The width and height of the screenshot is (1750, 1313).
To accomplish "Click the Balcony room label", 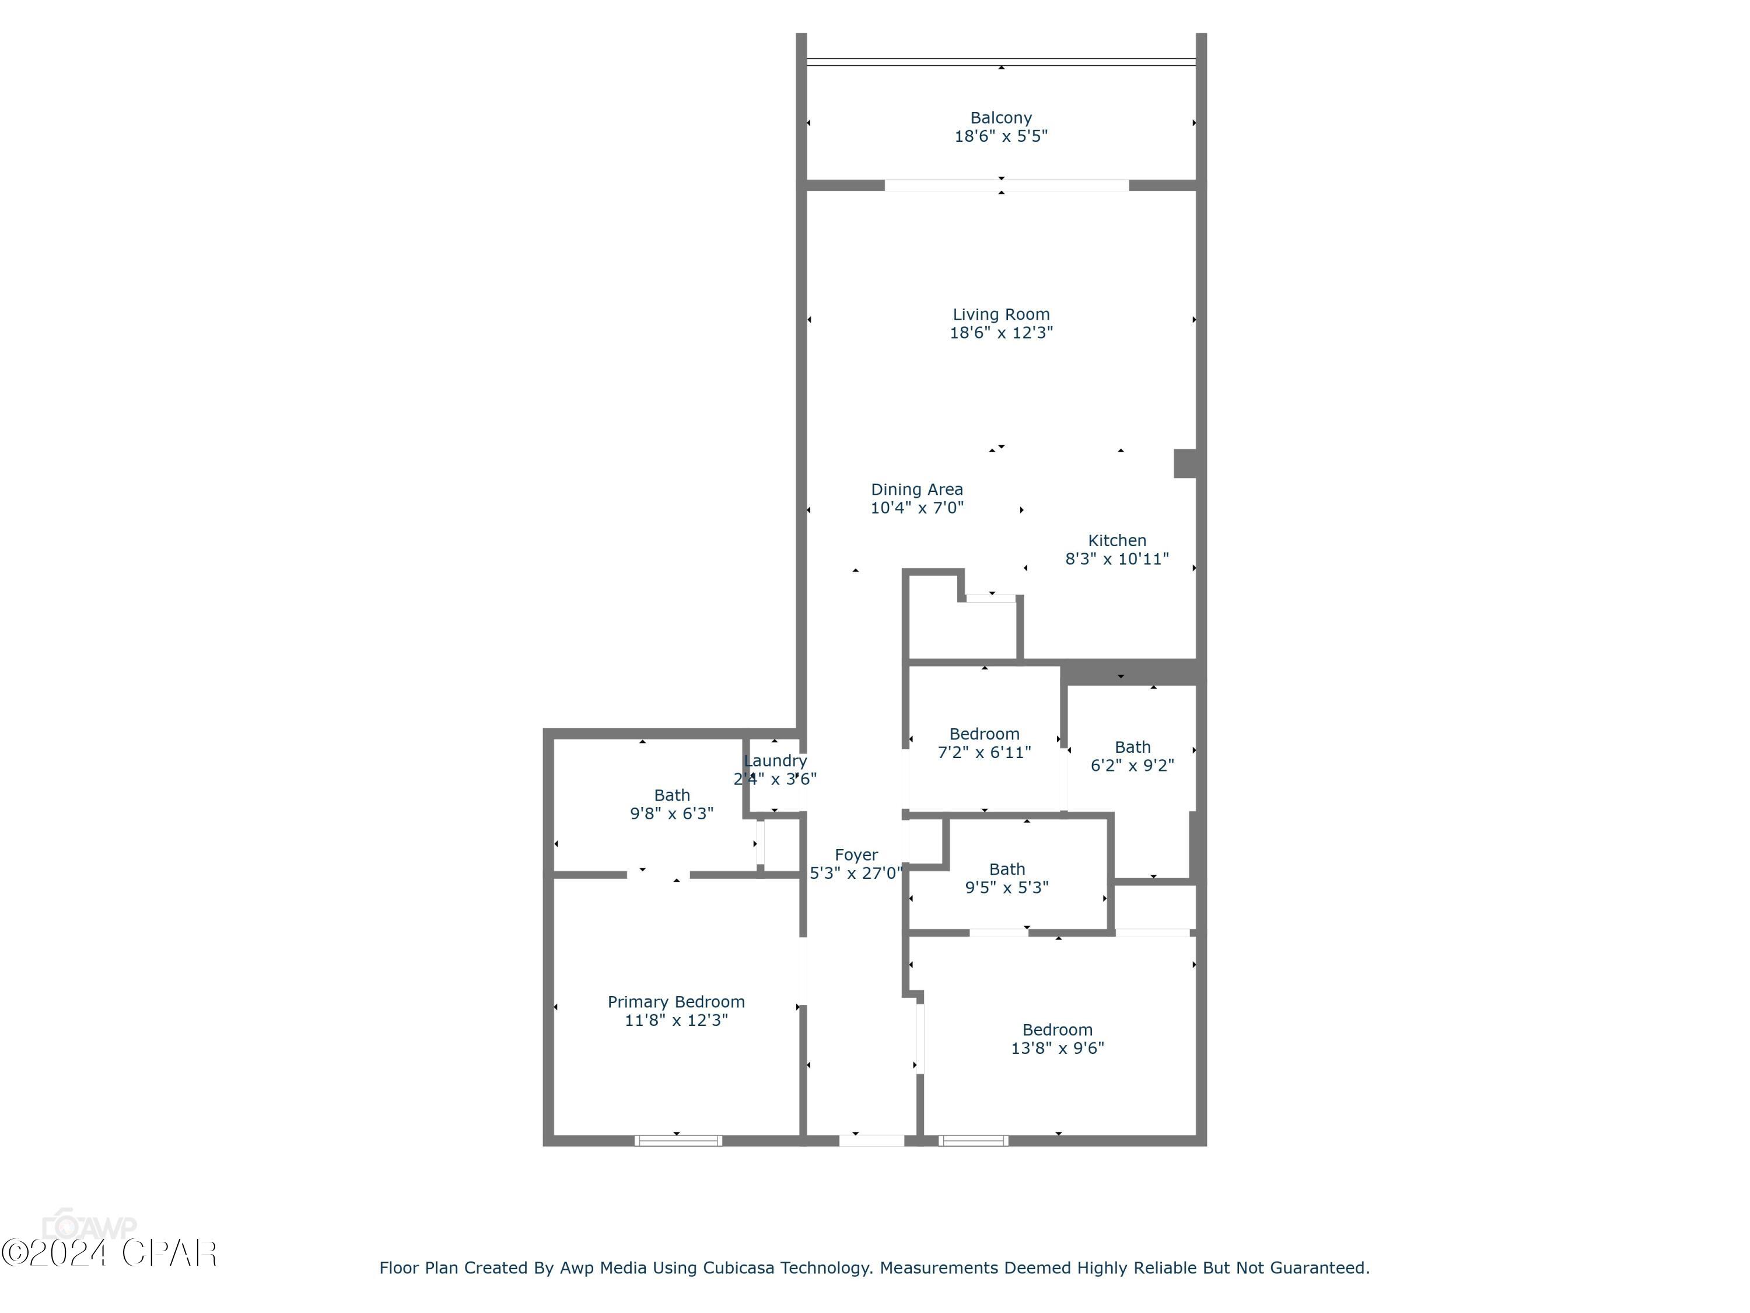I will pos(1001,118).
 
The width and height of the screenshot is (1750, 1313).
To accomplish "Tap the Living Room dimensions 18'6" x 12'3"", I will pos(1001,333).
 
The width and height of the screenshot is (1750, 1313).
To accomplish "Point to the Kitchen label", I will pos(1116,540).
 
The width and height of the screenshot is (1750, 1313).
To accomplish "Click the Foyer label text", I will pos(856,855).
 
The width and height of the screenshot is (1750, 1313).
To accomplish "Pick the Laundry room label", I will pos(775,760).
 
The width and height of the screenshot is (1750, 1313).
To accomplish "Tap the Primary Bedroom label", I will pos(675,1002).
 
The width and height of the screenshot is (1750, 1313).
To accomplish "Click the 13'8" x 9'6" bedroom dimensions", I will pos(1057,1048).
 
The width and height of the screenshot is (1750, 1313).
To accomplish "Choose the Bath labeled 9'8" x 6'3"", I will pos(671,804).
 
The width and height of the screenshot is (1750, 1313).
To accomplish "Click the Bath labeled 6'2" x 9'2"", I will pos(1132,756).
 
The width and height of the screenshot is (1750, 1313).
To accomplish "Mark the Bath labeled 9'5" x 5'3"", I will pos(1006,878).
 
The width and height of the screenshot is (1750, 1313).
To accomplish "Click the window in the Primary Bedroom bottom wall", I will pos(678,1140).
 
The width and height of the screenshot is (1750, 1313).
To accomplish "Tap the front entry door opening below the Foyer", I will pos(871,1140).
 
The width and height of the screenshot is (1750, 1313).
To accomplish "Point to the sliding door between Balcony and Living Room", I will pos(1006,185).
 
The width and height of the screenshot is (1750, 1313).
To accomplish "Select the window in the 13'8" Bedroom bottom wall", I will pos(973,1140).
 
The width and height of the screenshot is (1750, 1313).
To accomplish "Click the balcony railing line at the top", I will pos(1001,61).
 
